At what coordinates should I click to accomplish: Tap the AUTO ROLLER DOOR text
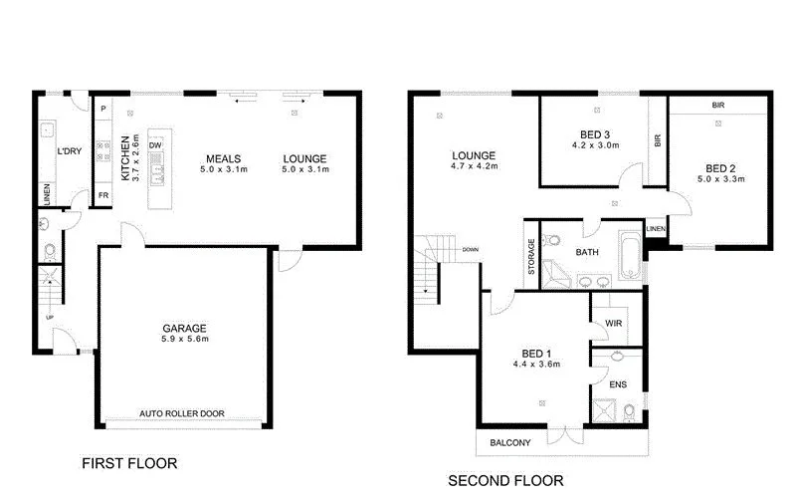pos(182,412)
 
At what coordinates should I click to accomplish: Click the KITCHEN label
pos(125,157)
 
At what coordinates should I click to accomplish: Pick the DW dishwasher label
pos(155,145)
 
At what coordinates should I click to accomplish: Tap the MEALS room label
pos(219,159)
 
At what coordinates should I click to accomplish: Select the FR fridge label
pos(102,195)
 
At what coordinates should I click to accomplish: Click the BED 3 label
pos(595,134)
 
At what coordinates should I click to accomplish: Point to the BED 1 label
pos(536,353)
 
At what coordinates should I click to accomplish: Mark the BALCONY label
pos(509,442)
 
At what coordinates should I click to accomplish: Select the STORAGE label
pos(531,256)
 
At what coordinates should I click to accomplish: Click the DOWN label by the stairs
pos(472,249)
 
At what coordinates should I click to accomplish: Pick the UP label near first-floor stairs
pos(49,317)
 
